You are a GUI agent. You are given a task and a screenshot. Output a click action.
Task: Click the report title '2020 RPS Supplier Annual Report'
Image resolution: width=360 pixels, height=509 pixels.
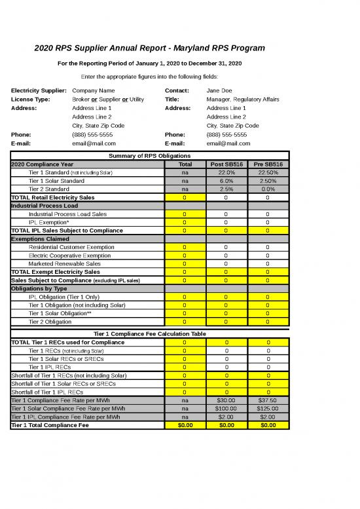tap(150, 48)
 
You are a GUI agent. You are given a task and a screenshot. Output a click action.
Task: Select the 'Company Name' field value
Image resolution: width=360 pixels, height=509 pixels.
tap(94, 90)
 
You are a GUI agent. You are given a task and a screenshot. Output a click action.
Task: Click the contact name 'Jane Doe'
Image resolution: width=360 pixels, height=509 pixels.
tap(219, 90)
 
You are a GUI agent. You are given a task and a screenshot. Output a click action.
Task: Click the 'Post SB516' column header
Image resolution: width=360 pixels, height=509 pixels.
tap(226, 164)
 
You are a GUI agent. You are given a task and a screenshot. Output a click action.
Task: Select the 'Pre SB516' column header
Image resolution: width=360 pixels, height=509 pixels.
tap(268, 164)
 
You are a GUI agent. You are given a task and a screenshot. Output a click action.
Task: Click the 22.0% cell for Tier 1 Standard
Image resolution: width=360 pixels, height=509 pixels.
tap(226, 172)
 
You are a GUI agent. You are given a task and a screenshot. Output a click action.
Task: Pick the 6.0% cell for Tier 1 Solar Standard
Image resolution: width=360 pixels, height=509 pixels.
tap(226, 180)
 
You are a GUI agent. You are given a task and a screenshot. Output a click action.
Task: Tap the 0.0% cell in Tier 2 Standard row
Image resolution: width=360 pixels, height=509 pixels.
tap(268, 189)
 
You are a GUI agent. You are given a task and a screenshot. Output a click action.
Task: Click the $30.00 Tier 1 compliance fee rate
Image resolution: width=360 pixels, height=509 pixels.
tap(226, 400)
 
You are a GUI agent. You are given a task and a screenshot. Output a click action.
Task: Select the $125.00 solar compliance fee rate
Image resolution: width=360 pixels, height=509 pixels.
tap(268, 407)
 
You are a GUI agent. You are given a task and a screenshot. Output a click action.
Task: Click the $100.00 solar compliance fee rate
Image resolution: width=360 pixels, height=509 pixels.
tap(226, 407)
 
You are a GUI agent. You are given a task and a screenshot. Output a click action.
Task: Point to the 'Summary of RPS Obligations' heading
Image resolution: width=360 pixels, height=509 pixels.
tap(149, 156)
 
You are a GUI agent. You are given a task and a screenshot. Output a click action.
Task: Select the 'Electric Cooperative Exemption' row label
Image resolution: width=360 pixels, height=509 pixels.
tap(70, 255)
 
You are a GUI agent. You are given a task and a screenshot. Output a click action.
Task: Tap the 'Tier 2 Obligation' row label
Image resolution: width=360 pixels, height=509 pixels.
tap(54, 322)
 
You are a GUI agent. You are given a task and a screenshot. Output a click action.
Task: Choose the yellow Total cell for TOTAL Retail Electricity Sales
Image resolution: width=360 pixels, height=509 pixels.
tap(185, 197)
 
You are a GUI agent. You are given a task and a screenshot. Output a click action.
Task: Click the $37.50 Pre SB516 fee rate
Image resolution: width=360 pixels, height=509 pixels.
tap(268, 400)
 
